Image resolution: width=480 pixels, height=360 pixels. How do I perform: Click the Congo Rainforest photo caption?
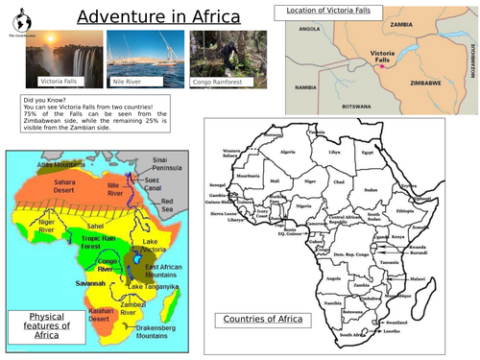pos(216,83)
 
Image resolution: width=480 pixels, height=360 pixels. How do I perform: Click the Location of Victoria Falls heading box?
pos(328,11)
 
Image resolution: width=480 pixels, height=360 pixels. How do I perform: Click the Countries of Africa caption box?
pos(262,320)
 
